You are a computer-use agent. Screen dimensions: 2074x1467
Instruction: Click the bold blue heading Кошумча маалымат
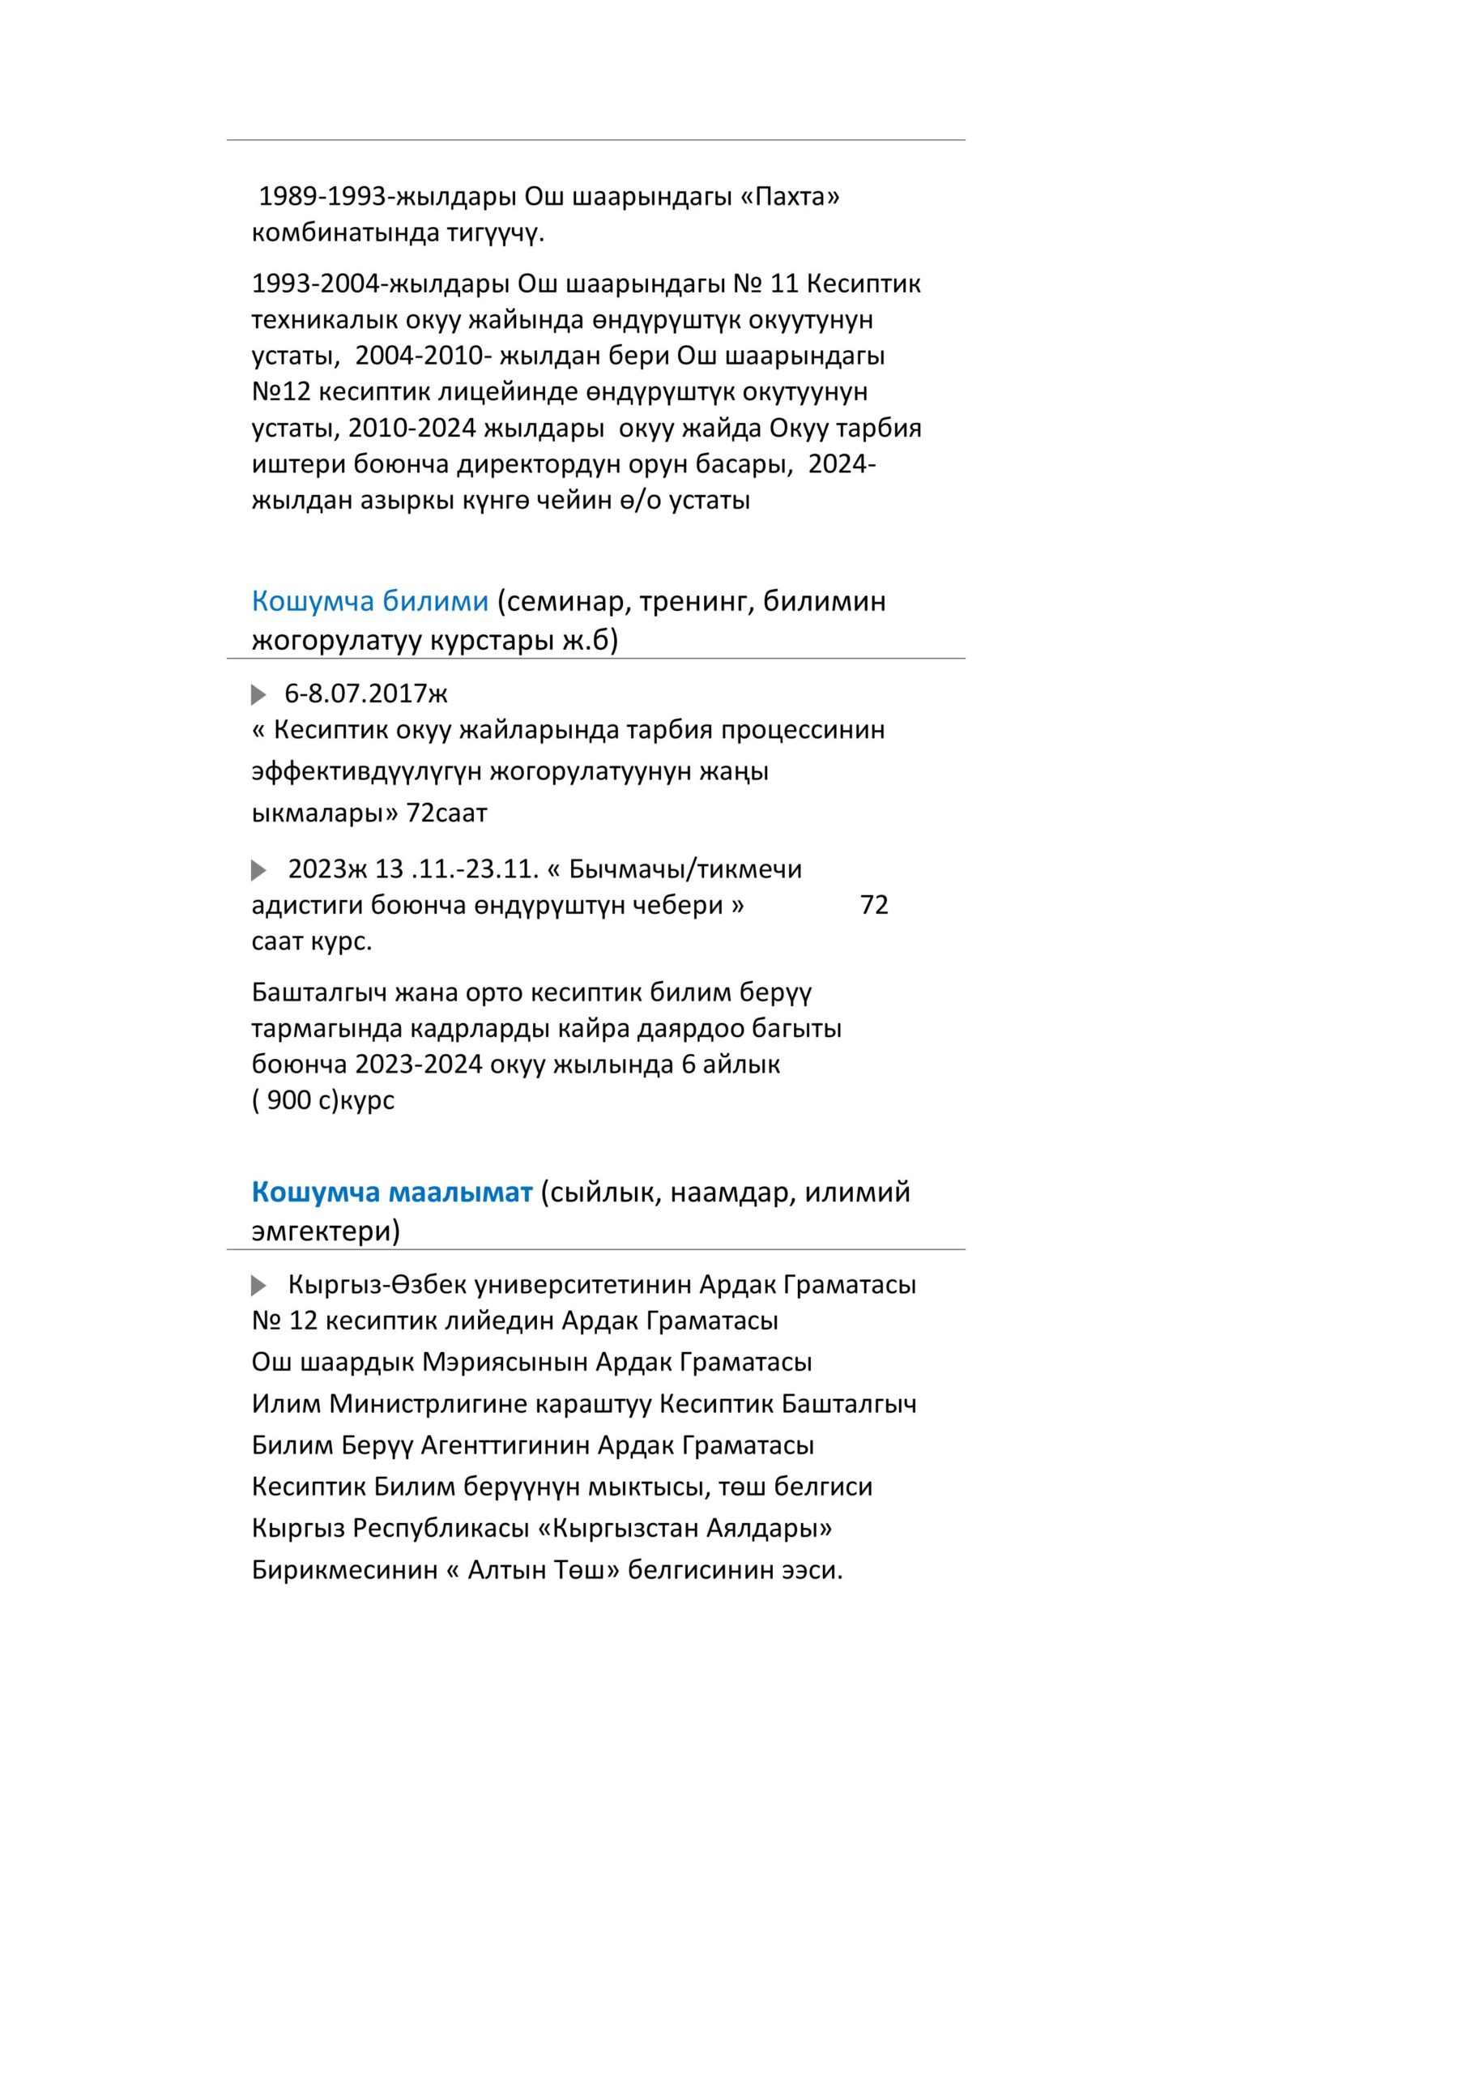point(392,1193)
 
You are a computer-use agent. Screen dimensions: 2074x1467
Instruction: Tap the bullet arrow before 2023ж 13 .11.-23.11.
point(258,870)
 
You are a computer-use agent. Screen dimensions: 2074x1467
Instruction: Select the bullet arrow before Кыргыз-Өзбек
point(258,1285)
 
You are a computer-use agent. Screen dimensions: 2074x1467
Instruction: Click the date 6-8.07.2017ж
point(366,693)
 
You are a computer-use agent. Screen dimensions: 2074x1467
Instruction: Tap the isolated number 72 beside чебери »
point(873,905)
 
